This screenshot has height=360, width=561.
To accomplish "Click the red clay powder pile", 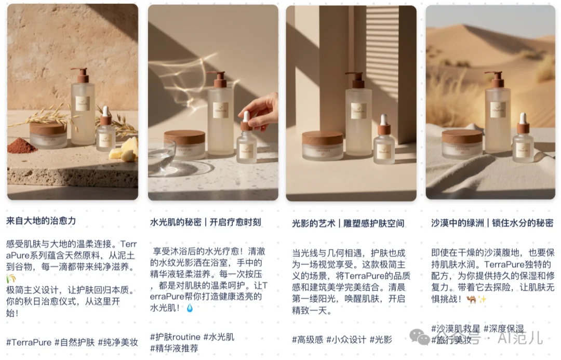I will coord(22,146).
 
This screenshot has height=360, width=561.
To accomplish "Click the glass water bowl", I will coord(161,155).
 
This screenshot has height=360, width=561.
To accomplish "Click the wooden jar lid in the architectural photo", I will coord(322,137).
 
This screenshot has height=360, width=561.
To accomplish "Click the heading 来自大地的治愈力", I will coord(41,220).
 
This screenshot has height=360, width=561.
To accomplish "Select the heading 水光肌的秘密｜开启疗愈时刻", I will coord(205,222).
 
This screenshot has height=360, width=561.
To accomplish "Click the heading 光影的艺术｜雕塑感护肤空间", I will coord(348,223).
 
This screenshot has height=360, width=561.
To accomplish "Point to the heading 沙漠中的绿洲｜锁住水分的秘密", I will coord(492,223).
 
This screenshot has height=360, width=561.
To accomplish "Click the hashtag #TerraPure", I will coord(29,342).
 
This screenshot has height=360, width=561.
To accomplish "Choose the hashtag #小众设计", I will coord(346,340).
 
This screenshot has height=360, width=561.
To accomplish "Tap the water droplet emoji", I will coord(189,309).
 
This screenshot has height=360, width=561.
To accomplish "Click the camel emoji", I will coord(472,299).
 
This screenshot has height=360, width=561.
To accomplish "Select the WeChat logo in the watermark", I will coord(419,337).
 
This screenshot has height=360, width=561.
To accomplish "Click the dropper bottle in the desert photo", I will coord(522,138).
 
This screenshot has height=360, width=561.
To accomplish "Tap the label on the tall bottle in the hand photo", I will coord(220,110).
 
